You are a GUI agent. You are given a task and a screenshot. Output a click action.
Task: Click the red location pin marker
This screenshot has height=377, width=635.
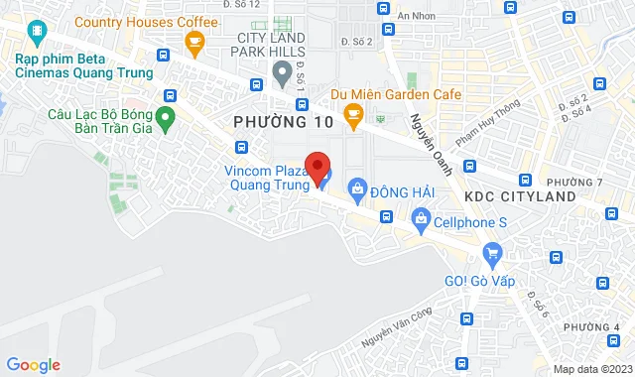317,168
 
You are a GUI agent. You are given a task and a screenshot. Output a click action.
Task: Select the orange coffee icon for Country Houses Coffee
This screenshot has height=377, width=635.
194,41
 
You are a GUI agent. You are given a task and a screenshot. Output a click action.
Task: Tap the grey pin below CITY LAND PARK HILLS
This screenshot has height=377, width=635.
281,71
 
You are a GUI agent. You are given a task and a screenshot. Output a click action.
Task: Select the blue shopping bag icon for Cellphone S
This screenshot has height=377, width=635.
421,217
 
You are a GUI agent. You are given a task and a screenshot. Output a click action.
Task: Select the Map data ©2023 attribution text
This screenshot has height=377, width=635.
591,369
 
